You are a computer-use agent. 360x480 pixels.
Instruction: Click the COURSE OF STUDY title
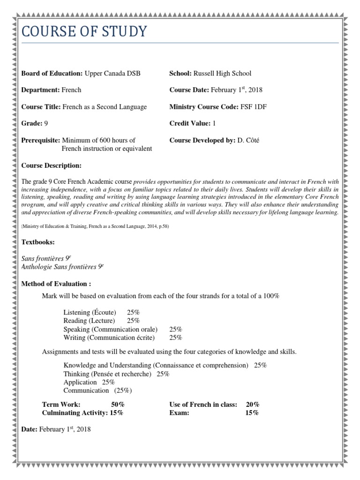(84, 32)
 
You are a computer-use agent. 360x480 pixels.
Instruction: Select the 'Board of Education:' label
(52, 73)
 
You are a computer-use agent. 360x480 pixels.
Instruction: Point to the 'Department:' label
(40, 90)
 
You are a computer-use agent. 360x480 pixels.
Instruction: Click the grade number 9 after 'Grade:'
(46, 123)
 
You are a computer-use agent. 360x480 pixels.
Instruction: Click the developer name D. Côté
(250, 140)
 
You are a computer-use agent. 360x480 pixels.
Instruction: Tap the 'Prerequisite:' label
(41, 140)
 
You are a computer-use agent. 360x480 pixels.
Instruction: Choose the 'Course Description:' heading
(52, 165)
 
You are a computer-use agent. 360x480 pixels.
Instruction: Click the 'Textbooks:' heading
(38, 242)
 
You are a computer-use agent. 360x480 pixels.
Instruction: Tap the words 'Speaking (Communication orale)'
(111, 329)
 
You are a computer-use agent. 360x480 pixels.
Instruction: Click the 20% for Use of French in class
(253, 405)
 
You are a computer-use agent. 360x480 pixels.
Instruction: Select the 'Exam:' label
(179, 413)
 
